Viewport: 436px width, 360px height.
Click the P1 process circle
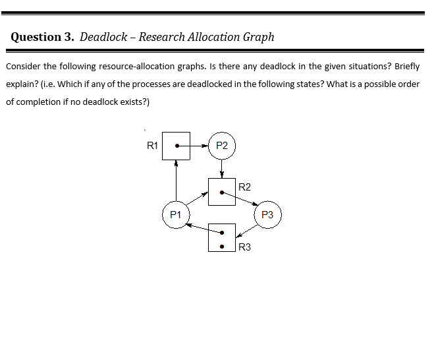[176, 215]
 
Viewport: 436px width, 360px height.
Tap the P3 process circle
[267, 215]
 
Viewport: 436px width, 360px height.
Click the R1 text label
[152, 146]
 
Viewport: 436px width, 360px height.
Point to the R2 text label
[244, 187]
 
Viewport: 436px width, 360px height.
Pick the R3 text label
[244, 247]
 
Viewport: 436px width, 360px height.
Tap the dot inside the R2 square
[222, 193]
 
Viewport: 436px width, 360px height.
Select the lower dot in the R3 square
[222, 248]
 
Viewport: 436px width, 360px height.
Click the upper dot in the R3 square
[222, 232]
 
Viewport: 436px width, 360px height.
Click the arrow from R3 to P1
[198, 227]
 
